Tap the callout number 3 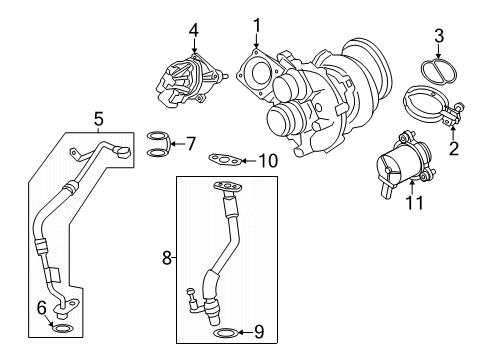[x=436, y=38]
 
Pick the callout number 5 [x=98, y=120]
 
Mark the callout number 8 [x=167, y=257]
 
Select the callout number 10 [x=266, y=159]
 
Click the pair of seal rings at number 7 [x=157, y=144]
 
